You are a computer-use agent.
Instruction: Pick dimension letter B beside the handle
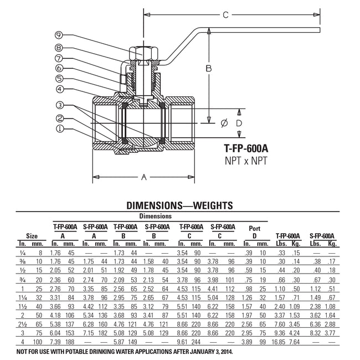pos(209,69)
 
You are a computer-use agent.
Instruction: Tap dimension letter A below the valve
pos(144,178)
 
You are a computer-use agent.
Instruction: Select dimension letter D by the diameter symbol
pos(239,122)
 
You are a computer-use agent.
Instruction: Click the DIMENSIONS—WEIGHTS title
pos(180,204)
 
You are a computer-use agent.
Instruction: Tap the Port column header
pos(254,228)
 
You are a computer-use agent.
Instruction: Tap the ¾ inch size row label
pos(23,280)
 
